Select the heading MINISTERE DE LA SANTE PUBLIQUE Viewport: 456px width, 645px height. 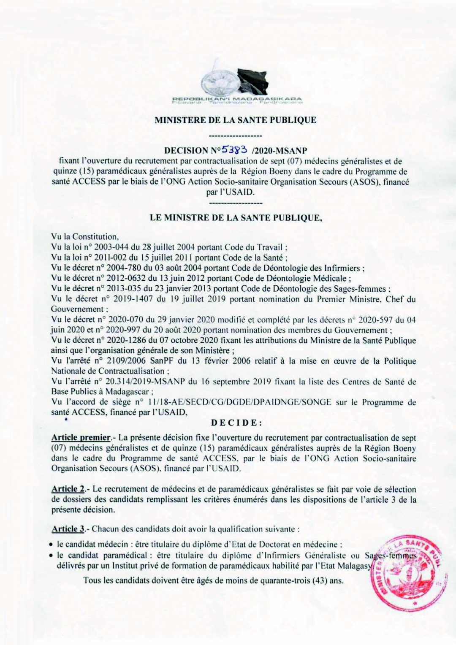pyautogui.click(x=235, y=120)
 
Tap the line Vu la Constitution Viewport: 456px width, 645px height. pyautogui.click(x=85, y=237)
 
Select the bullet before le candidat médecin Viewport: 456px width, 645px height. pyautogui.click(x=51, y=545)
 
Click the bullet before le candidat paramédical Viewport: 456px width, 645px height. pyautogui.click(x=51, y=556)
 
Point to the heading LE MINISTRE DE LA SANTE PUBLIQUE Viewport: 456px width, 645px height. pyautogui.click(x=236, y=218)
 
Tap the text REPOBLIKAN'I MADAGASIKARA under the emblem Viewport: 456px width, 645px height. pyautogui.click(x=237, y=98)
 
